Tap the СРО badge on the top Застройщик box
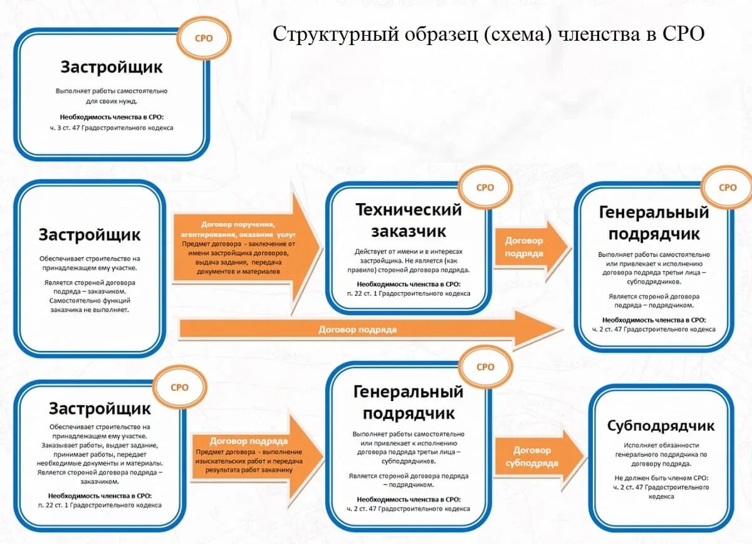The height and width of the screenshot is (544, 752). tap(204, 38)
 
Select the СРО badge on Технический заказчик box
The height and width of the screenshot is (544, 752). tap(485, 187)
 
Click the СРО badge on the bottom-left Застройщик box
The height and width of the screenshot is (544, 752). tap(179, 387)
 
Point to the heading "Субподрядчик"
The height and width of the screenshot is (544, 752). tap(661, 426)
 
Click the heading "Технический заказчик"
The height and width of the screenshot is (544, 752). tap(409, 220)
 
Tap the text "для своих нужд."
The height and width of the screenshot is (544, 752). tap(112, 100)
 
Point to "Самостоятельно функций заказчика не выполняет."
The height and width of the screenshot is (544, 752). tap(90, 305)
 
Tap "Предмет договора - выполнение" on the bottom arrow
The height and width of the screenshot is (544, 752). tap(249, 452)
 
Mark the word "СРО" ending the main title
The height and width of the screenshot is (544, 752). tap(683, 34)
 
